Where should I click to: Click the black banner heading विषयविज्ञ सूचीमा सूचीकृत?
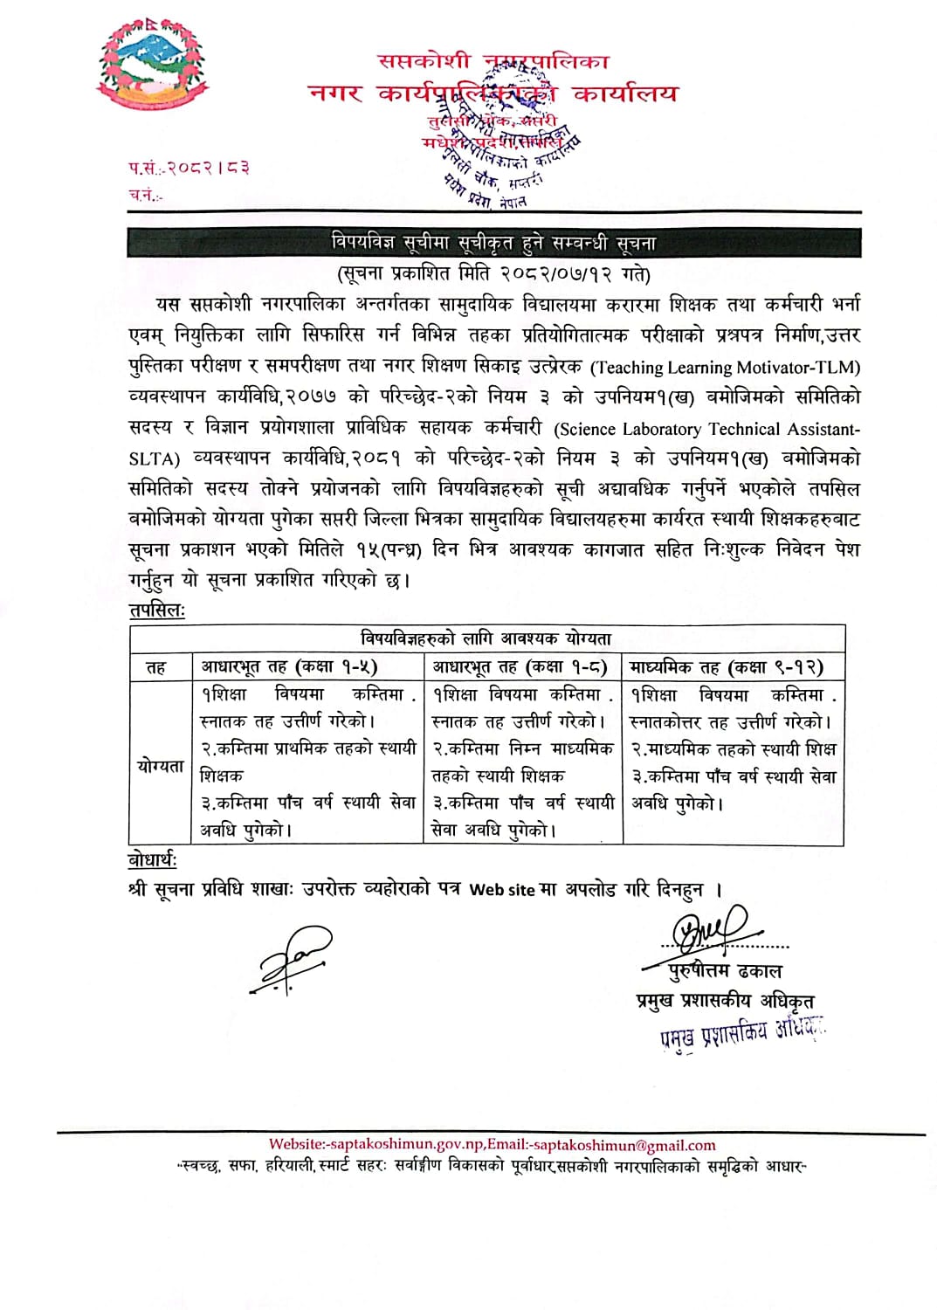493,243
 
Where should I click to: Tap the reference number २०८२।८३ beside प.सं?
208,168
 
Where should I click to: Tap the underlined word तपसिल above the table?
156,610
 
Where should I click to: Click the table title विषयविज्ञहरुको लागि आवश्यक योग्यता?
486,638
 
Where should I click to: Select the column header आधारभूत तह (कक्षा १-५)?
289,667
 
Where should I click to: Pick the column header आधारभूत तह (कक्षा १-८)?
520,667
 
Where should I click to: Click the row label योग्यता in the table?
161,766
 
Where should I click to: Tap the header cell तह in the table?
156,668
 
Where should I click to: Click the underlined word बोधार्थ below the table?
152,860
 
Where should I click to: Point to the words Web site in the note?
501,890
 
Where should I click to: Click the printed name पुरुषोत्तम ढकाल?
725,971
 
